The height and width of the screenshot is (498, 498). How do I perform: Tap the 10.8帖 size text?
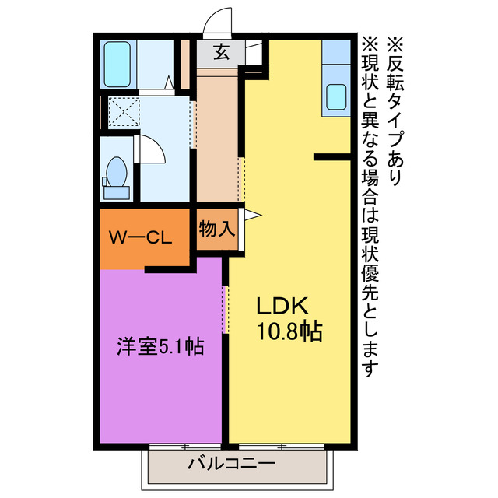tap(289, 331)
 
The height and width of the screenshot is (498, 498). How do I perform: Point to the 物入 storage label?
tap(216, 230)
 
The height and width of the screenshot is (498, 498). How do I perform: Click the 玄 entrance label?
tap(221, 53)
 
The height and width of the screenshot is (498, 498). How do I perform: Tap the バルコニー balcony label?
tap(231, 465)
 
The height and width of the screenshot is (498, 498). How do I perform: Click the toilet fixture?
tap(118, 174)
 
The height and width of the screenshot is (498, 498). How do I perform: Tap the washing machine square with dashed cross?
tap(122, 111)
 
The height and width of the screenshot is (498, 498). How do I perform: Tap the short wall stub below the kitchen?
tap(332, 157)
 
